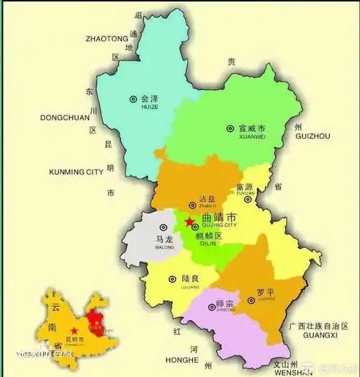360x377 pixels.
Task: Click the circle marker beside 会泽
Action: click(x=132, y=99)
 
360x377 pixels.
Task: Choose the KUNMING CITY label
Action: click(x=76, y=172)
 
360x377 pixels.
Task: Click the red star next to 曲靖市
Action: click(x=189, y=221)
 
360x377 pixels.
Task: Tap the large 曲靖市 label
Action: click(x=222, y=216)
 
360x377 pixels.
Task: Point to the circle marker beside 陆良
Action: click(x=173, y=278)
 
